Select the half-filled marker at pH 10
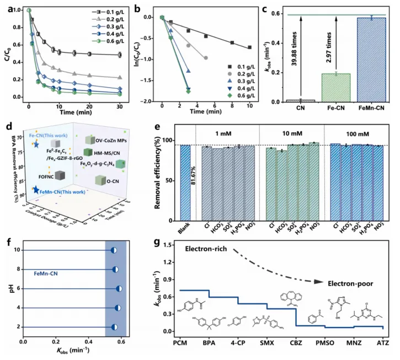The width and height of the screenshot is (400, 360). point(113,250)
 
